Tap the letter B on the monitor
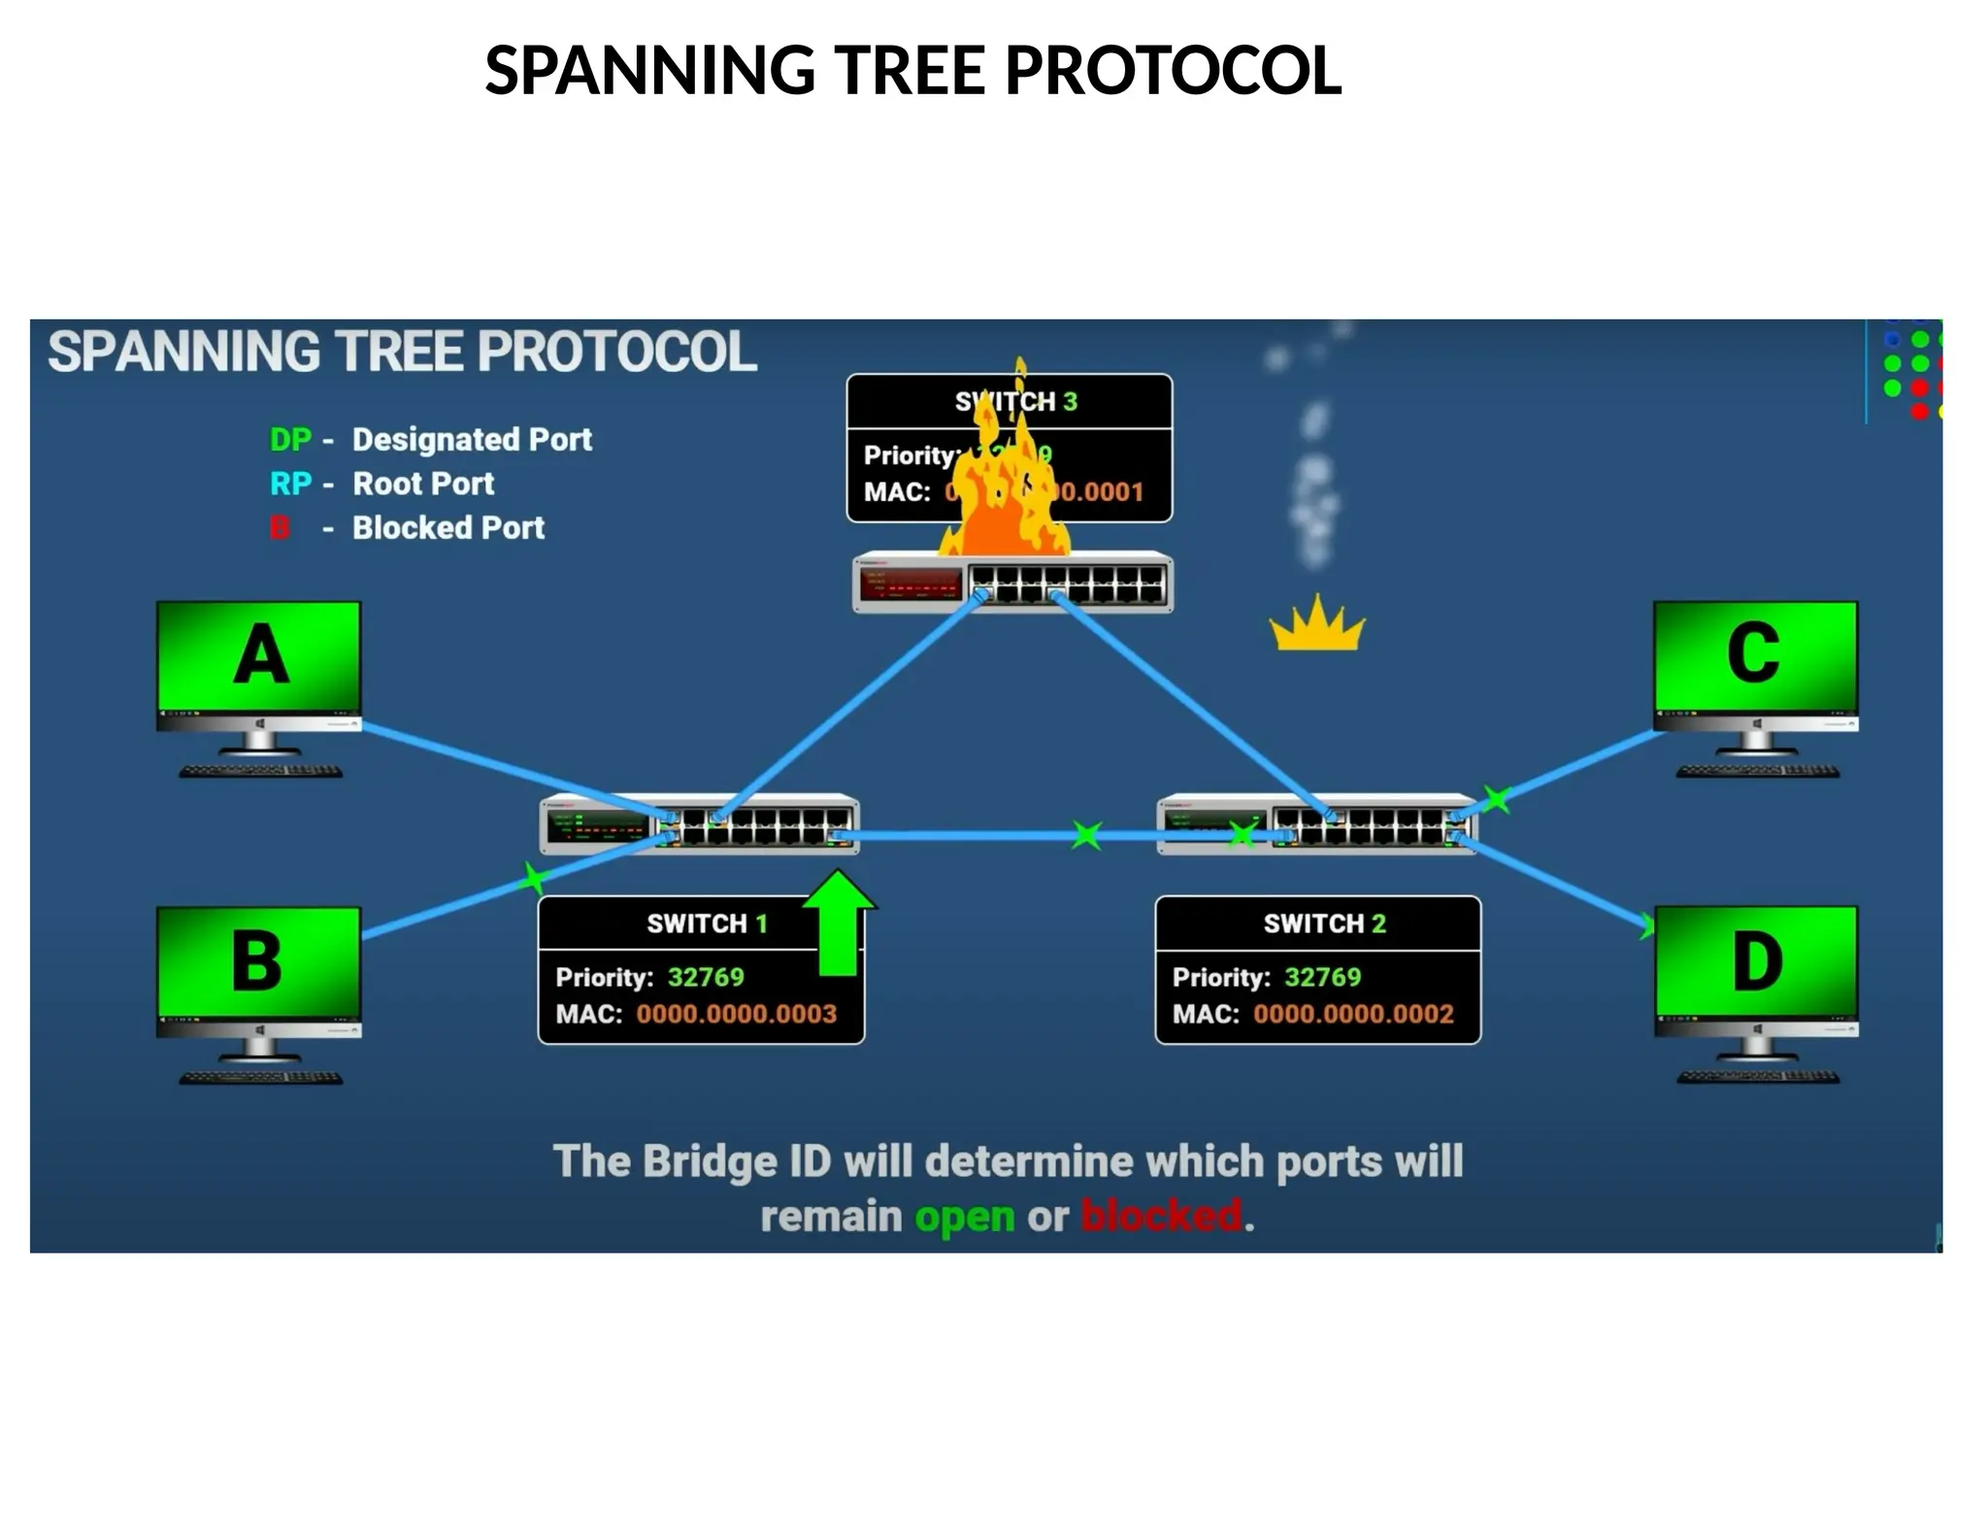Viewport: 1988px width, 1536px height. point(257,961)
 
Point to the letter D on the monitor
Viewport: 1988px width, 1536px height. point(1757,961)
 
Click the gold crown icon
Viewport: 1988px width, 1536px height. point(1316,626)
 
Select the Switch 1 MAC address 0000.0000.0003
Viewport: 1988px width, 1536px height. point(736,1014)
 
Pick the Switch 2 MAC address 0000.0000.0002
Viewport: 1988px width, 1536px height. point(1353,1014)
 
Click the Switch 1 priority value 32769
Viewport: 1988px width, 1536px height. point(706,977)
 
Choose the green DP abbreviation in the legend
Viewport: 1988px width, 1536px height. point(290,440)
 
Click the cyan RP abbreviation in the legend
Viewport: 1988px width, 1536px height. point(290,484)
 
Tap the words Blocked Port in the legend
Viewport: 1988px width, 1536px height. point(447,527)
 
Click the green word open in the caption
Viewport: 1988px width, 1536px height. point(964,1217)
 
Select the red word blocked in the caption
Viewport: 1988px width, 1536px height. point(1161,1217)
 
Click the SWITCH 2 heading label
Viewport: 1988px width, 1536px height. point(1324,923)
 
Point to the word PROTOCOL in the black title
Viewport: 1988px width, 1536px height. point(1173,71)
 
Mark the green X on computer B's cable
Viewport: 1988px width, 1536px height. point(533,878)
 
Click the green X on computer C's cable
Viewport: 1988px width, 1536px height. point(1497,800)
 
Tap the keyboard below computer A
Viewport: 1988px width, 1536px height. point(260,772)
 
